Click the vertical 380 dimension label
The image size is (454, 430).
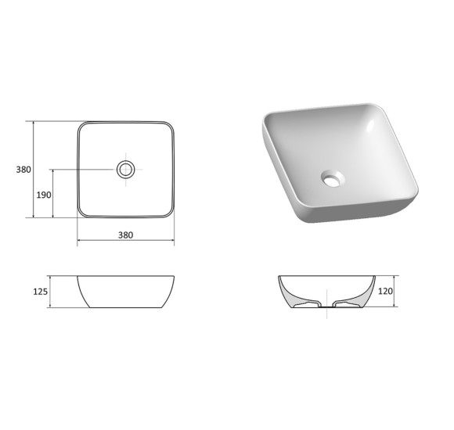pos(23,170)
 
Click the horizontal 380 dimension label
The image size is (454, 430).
pos(126,235)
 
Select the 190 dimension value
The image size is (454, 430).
pos(44,195)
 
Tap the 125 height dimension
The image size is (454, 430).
pos(40,292)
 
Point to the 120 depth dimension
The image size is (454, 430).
pos(385,291)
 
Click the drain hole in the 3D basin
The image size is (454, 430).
pos(333,178)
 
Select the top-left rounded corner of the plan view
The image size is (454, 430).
pos(81,126)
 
